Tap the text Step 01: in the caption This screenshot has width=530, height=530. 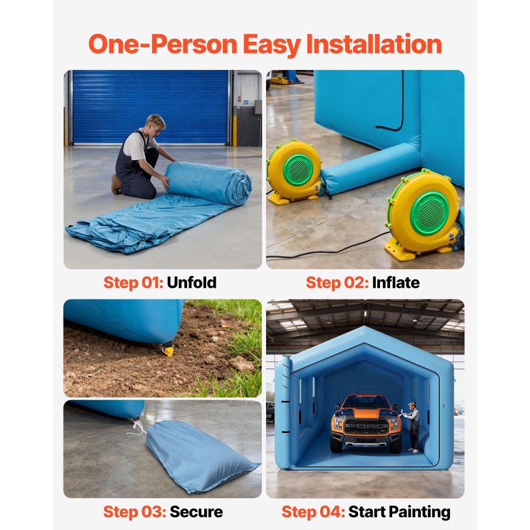(x=133, y=282)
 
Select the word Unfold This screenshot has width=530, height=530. (x=191, y=282)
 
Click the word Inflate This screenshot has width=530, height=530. (x=395, y=282)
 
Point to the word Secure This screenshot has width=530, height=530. (x=196, y=512)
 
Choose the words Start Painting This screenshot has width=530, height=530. (x=399, y=512)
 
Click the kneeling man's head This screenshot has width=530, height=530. (x=155, y=125)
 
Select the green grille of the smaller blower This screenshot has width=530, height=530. (x=298, y=170)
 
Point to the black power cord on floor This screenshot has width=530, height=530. (x=339, y=249)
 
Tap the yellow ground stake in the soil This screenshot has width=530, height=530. (x=169, y=349)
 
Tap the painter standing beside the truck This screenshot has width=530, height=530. (x=412, y=427)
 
